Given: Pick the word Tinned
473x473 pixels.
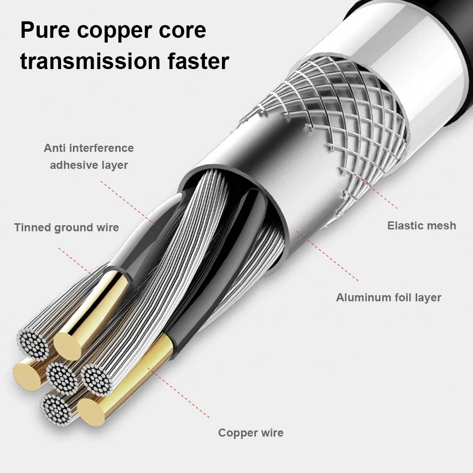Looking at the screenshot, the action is tap(33, 228).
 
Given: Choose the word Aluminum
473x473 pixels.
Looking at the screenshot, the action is tap(363, 298).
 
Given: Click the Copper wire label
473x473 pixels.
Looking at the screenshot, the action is tap(251, 432).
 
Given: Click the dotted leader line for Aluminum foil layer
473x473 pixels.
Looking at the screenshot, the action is tap(326, 255).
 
